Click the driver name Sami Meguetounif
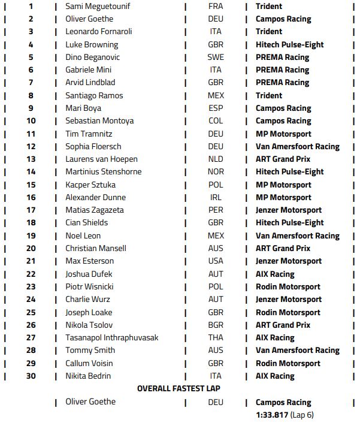(98, 6)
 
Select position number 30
(31, 376)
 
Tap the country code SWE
(216, 57)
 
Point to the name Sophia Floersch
(93, 146)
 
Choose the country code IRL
(216, 197)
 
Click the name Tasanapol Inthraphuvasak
(112, 337)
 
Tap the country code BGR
(216, 325)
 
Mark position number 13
(31, 159)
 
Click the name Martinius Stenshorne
(104, 172)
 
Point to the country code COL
(216, 120)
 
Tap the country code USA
(216, 261)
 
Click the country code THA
(216, 337)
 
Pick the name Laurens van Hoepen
(102, 159)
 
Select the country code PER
(216, 210)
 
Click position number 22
(31, 274)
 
